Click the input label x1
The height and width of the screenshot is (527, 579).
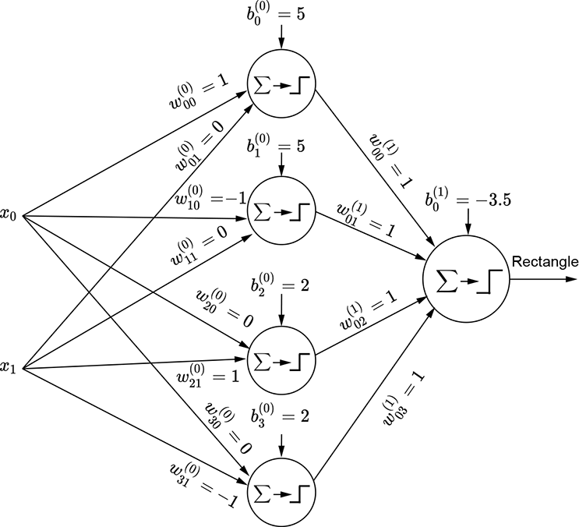coord(9,367)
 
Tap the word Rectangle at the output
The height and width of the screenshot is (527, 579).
coord(544,261)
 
